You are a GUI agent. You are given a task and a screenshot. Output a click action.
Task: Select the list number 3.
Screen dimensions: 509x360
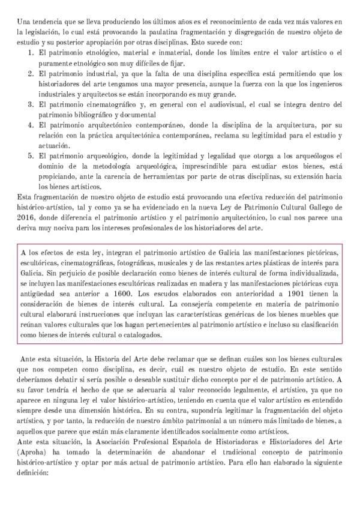[x=30, y=104]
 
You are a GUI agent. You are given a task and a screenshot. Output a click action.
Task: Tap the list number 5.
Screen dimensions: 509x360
[x=30, y=155]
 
